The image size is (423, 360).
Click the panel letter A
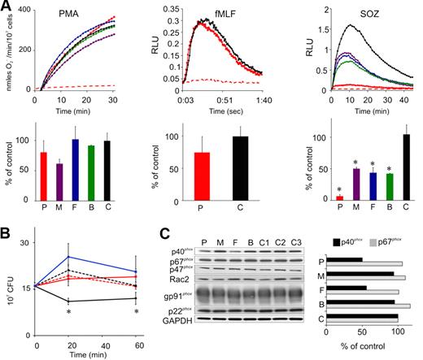[x=6, y=7]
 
